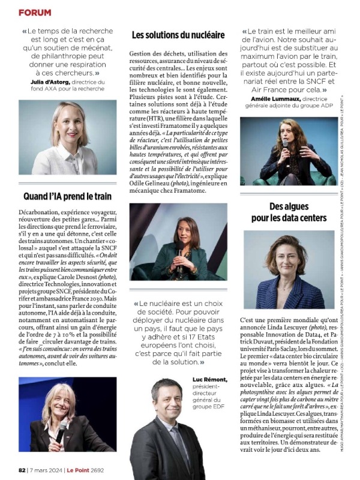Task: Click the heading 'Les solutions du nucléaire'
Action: tap(178, 35)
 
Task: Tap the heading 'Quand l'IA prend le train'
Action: tap(67, 196)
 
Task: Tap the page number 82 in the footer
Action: tap(22, 470)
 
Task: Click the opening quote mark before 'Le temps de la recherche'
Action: tap(24, 31)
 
